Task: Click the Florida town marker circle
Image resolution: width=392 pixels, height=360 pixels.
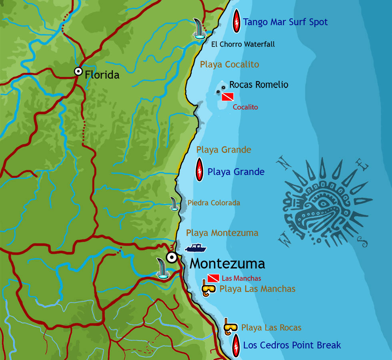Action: point(78,72)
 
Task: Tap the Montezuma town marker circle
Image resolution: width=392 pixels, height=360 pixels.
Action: point(172,257)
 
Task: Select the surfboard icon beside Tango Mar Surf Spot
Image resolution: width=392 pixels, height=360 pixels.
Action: point(236,21)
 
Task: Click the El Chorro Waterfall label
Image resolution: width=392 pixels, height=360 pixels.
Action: point(243,44)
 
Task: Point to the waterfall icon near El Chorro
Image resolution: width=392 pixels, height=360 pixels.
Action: point(198,29)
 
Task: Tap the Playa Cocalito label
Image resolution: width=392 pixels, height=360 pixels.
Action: point(230,64)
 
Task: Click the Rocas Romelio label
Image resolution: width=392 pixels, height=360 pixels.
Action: point(258,85)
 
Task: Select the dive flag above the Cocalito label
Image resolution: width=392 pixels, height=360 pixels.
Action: point(228,96)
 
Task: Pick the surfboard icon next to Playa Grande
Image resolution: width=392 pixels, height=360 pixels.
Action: point(199,170)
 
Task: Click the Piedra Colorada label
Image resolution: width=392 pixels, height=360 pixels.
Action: point(214,203)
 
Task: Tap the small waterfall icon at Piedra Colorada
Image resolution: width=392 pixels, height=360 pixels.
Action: point(174,204)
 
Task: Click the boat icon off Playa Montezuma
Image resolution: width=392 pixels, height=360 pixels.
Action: point(196,248)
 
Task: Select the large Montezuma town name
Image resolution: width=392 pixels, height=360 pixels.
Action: point(227,264)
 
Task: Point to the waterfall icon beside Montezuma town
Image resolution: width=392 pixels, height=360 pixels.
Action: point(162,268)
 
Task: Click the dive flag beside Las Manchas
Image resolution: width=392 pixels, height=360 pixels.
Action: point(213,278)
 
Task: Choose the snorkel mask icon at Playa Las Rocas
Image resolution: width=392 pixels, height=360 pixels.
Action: point(230,327)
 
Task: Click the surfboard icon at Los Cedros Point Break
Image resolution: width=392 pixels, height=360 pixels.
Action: point(236,344)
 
